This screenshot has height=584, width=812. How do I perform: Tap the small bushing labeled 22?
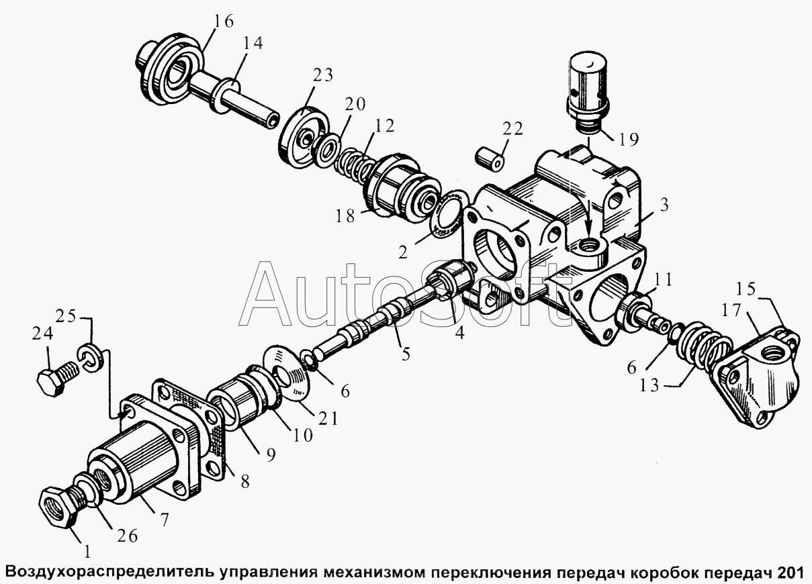(x=490, y=160)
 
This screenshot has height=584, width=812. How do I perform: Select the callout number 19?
(x=628, y=139)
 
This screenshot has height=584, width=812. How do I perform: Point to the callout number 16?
(x=223, y=21)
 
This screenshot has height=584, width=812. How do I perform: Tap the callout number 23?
(x=322, y=75)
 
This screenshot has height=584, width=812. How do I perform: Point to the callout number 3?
(x=664, y=205)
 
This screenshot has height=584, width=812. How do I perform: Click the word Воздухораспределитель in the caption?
(x=109, y=573)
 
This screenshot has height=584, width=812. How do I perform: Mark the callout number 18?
(x=345, y=216)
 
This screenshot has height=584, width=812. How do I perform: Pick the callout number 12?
(x=384, y=126)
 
